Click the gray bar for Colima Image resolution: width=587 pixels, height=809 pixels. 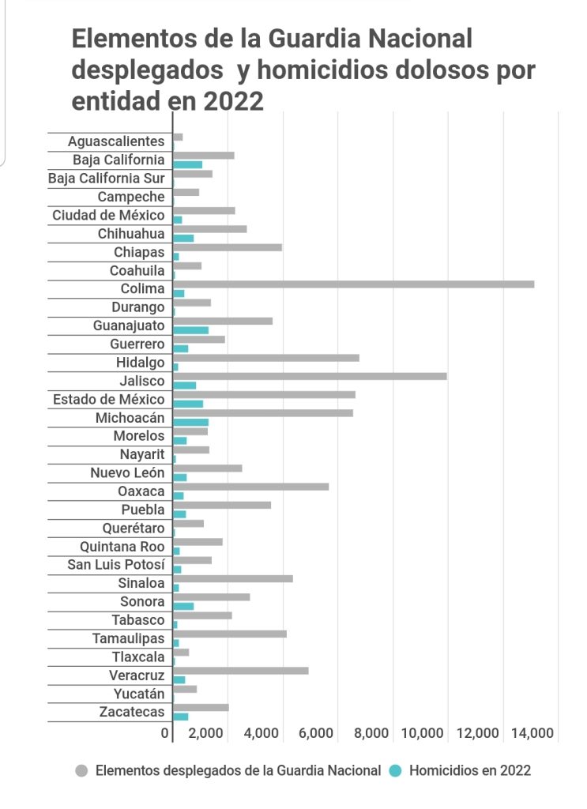click(353, 284)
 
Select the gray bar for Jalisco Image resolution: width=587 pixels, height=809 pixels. click(310, 376)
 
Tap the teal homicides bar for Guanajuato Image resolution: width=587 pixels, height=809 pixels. click(190, 330)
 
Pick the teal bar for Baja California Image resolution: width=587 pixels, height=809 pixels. click(187, 164)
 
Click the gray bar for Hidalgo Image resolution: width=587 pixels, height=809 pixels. click(265, 358)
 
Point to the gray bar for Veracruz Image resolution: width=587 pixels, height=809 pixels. click(240, 671)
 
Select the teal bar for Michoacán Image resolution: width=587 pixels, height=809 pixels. click(190, 423)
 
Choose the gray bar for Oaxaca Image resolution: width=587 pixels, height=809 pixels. click(250, 487)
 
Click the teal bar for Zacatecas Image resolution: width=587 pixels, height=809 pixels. click(180, 717)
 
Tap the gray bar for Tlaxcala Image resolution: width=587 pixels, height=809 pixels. click(181, 652)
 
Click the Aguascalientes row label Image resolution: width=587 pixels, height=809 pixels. click(116, 141)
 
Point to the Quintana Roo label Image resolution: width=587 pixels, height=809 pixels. click(122, 547)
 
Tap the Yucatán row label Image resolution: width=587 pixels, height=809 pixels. click(139, 694)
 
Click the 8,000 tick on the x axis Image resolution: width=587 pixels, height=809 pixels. click(373, 734)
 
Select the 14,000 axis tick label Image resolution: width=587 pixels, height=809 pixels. click(532, 734)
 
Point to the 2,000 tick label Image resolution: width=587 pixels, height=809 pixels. click(207, 734)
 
